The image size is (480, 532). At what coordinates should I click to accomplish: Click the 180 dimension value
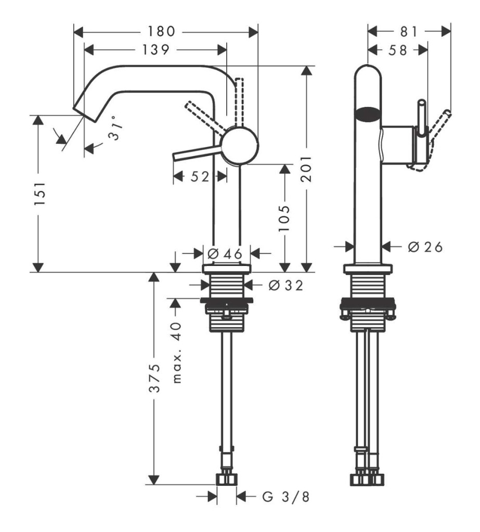pos(161,32)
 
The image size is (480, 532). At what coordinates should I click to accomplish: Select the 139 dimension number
pos(155,50)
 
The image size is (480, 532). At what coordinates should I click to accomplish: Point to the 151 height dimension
pos(40,193)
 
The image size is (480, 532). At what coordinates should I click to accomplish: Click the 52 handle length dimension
pos(199,177)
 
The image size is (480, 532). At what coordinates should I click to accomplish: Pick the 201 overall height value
pos(307,169)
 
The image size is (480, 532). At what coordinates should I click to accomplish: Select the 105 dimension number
pos(284,219)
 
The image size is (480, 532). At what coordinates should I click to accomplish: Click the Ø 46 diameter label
pos(225,253)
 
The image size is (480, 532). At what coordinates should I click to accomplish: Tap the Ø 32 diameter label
pos(286,285)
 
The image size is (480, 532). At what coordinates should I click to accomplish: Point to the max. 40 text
pos(177,353)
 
